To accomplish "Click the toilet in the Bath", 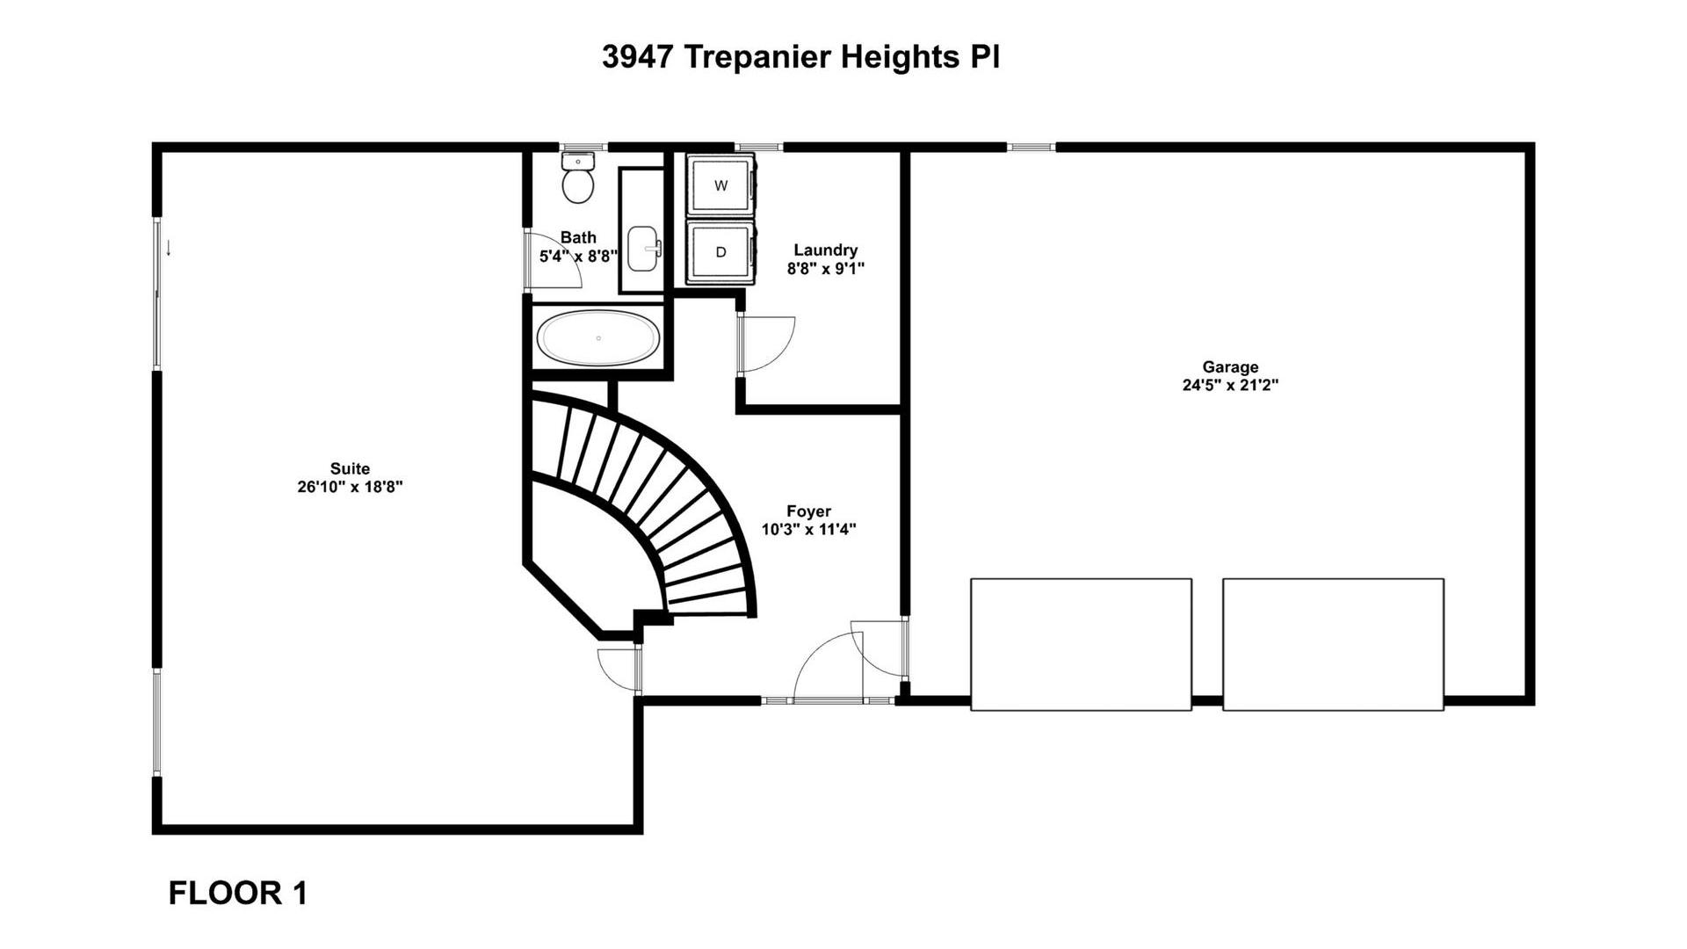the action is (x=578, y=177).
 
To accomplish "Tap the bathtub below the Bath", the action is (x=598, y=337).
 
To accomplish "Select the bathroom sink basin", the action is (x=645, y=249).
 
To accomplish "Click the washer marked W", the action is (x=720, y=185).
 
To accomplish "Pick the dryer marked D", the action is (x=720, y=252).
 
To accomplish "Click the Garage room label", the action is (x=1230, y=367).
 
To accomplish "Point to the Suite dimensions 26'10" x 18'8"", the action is (x=350, y=487).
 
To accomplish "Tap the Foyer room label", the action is (x=808, y=511).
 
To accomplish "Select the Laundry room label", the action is (x=825, y=250).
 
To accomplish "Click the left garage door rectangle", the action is (x=1081, y=644).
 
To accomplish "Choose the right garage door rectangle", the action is (x=1333, y=644).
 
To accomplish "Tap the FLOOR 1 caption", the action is (x=238, y=893).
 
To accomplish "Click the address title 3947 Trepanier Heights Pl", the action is (x=800, y=57).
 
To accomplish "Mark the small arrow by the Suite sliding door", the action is (x=168, y=249).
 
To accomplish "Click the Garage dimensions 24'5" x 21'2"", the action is (x=1230, y=385).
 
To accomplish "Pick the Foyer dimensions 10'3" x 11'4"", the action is (x=808, y=530).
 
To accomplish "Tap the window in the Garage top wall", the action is (x=1031, y=147).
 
